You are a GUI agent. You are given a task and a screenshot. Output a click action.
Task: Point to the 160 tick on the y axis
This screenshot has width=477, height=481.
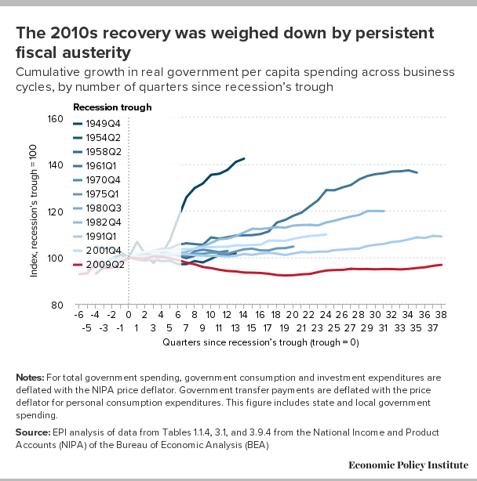tap(55, 119)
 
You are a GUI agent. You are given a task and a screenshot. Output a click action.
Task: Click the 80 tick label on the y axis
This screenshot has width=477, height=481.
tap(57, 305)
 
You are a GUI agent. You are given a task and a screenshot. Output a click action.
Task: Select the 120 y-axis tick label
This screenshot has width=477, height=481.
tap(55, 212)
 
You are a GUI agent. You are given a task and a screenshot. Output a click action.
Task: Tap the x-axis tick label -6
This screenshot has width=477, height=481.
tap(78, 314)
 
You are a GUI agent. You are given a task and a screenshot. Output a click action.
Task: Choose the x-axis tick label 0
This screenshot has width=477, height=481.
tap(128, 314)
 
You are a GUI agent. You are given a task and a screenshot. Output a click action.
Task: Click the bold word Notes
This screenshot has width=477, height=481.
tap(29, 378)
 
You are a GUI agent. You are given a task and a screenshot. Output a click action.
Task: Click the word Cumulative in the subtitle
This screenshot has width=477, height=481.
tap(45, 72)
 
